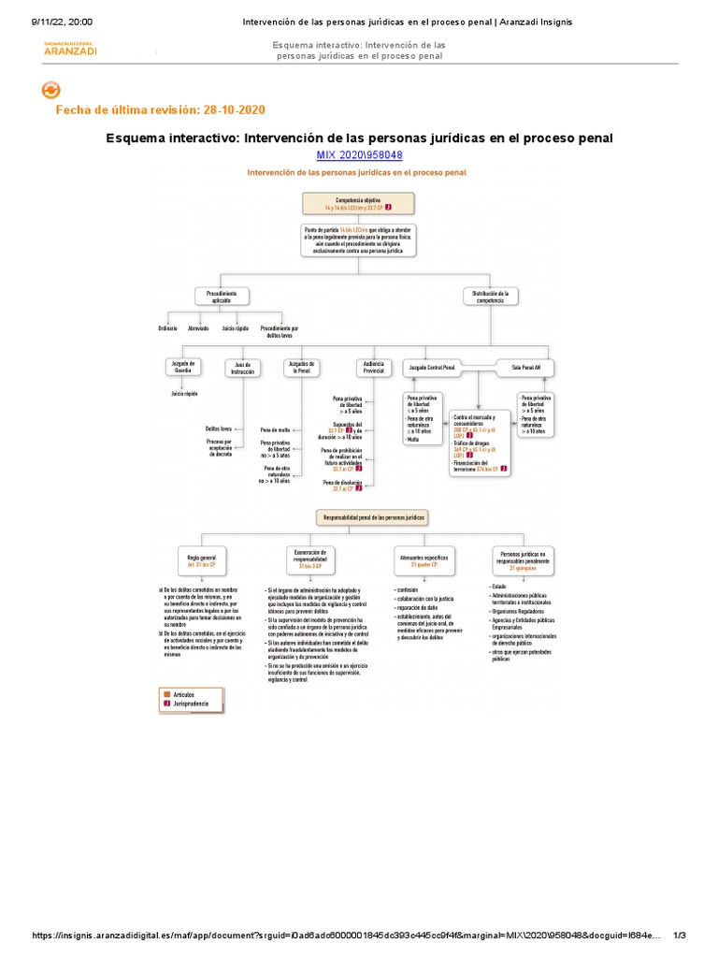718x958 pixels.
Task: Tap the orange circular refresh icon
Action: coord(52,90)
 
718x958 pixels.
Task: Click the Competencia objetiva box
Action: coord(356,204)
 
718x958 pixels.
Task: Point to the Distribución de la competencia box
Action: coord(490,297)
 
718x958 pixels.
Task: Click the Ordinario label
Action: coord(167,328)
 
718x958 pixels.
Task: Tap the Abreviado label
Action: coord(198,328)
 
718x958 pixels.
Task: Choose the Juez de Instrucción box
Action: coord(242,368)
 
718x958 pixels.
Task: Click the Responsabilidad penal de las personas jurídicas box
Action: coord(373,516)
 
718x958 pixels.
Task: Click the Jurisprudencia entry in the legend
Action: coord(192,702)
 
